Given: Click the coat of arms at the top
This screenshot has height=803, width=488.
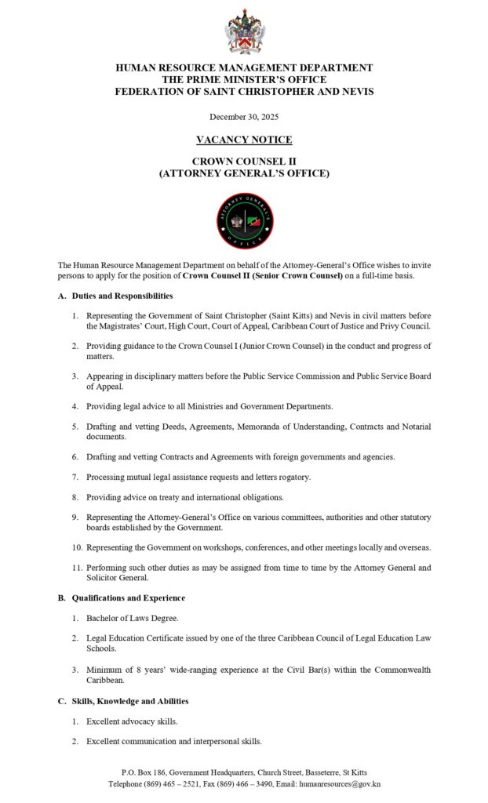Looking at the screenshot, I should pos(244,31).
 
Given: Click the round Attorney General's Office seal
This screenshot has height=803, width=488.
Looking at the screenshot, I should pos(244,218).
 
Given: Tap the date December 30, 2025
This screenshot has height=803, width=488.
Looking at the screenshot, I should pos(244,117).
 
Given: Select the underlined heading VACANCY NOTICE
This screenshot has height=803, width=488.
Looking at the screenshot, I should pos(244,140).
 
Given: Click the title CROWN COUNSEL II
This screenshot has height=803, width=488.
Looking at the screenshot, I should pos(244,162).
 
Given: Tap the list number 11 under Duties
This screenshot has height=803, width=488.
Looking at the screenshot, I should pos(75,567).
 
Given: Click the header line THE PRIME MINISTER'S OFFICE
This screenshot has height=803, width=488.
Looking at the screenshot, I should pos(244,79).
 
